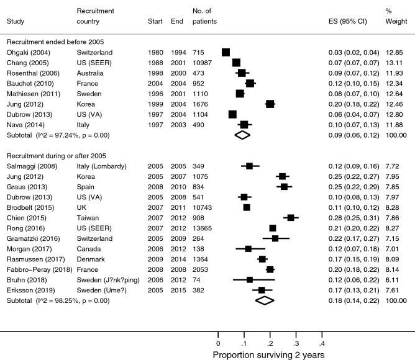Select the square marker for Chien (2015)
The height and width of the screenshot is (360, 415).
click(291, 218)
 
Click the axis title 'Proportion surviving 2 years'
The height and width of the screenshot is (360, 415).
click(270, 355)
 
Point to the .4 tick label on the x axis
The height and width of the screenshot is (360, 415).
click(322, 342)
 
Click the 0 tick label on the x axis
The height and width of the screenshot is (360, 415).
click(217, 342)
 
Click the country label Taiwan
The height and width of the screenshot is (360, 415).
click(86, 218)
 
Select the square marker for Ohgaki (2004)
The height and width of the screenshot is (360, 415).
click(226, 52)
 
